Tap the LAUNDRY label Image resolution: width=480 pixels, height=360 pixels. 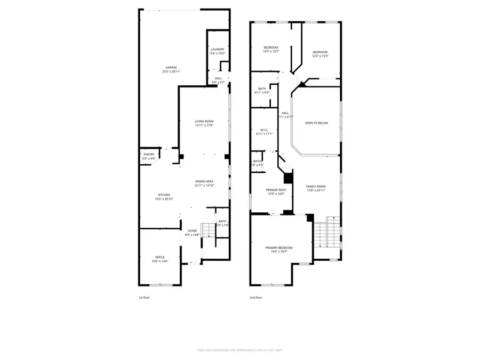click(x=218, y=50)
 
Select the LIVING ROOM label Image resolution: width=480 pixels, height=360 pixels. click(x=204, y=122)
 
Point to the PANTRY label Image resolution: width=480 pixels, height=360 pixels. click(x=149, y=155)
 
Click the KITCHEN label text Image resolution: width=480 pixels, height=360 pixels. click(x=164, y=195)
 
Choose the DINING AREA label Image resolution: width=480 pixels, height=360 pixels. click(x=204, y=182)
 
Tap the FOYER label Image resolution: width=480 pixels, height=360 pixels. click(x=192, y=231)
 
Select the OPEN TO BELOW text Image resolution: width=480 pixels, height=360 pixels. click(x=316, y=123)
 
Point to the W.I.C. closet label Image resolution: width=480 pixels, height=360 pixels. click(x=265, y=131)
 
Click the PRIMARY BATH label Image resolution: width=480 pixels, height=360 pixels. click(x=276, y=190)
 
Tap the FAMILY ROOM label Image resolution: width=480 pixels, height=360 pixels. click(x=316, y=187)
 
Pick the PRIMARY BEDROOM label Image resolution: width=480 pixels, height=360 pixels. click(x=279, y=248)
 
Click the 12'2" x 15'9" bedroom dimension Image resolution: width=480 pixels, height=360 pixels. click(x=320, y=55)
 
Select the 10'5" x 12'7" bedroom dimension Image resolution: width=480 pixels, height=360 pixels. click(x=271, y=51)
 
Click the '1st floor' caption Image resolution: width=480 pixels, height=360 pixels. click(x=144, y=298)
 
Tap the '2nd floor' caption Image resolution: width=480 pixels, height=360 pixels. click(x=255, y=298)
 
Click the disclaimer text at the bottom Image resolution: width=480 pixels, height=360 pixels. click(x=239, y=351)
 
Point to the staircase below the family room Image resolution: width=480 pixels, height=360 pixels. click(x=326, y=233)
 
